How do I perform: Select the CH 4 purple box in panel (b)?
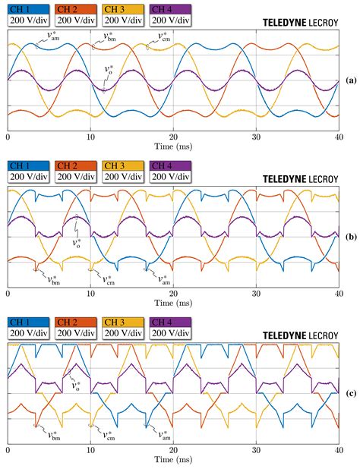click(x=171, y=165)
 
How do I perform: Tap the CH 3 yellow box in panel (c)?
click(x=123, y=321)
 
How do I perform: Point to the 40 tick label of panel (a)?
click(x=339, y=138)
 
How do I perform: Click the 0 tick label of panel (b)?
click(x=8, y=294)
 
